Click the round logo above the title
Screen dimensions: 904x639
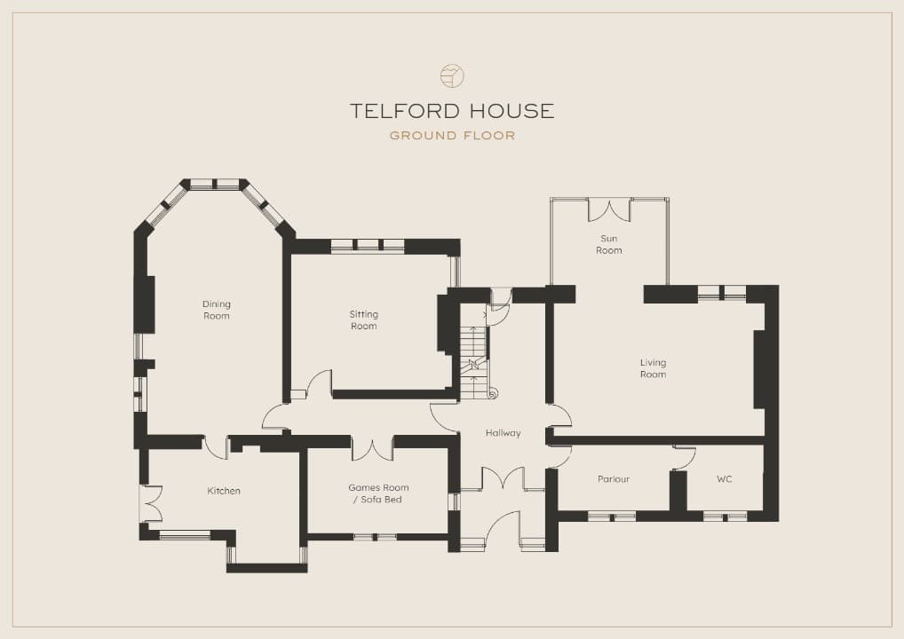pyautogui.click(x=452, y=76)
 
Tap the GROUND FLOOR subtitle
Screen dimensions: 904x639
pyautogui.click(x=452, y=136)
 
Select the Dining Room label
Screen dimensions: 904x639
pyautogui.click(x=216, y=310)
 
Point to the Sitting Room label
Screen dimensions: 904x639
pyautogui.click(x=364, y=319)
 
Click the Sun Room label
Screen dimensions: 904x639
pyautogui.click(x=609, y=244)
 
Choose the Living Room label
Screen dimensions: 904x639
pyautogui.click(x=654, y=368)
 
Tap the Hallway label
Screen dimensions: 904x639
pyautogui.click(x=503, y=433)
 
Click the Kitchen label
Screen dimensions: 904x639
pyautogui.click(x=224, y=491)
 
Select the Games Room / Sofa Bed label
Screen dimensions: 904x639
pyautogui.click(x=378, y=493)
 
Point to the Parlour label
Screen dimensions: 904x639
pyautogui.click(x=614, y=479)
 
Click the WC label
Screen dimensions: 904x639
pyautogui.click(x=724, y=479)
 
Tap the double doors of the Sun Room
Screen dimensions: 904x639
pyautogui.click(x=609, y=209)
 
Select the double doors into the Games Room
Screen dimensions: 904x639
pyautogui.click(x=372, y=448)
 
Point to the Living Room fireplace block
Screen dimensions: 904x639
pyautogui.click(x=759, y=369)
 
